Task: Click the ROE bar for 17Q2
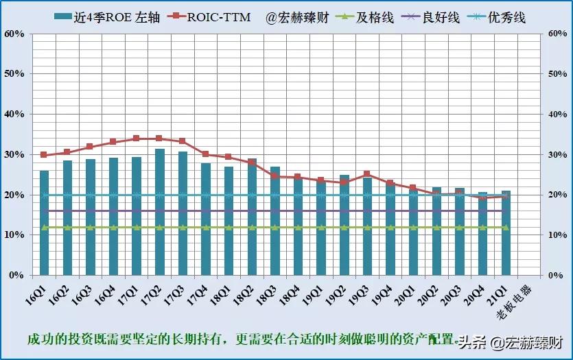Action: [159, 213]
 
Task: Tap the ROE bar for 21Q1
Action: [506, 233]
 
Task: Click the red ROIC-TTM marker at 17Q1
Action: [136, 139]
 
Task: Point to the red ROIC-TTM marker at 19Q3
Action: [367, 174]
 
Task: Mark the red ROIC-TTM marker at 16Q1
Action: [44, 155]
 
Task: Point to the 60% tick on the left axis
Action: [14, 34]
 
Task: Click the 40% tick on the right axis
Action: [557, 115]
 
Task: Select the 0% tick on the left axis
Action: [17, 275]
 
